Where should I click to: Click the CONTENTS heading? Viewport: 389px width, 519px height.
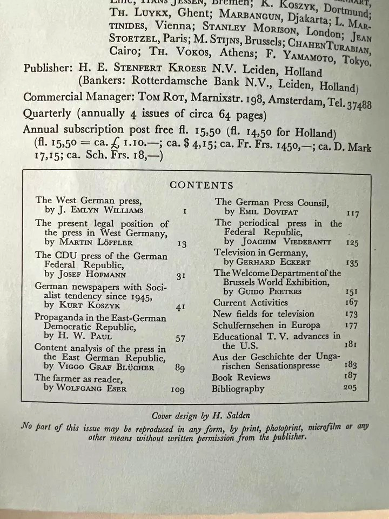tap(201, 185)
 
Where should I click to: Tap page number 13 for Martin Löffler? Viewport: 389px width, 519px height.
tap(182, 244)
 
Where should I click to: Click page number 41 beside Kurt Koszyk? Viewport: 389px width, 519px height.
tap(181, 308)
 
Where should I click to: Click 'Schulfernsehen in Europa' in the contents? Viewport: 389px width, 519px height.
tap(266, 325)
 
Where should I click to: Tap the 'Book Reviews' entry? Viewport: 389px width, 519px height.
tap(240, 377)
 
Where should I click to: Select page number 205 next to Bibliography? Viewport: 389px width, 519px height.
tap(351, 388)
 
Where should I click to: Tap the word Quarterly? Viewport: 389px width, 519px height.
tap(47, 114)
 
